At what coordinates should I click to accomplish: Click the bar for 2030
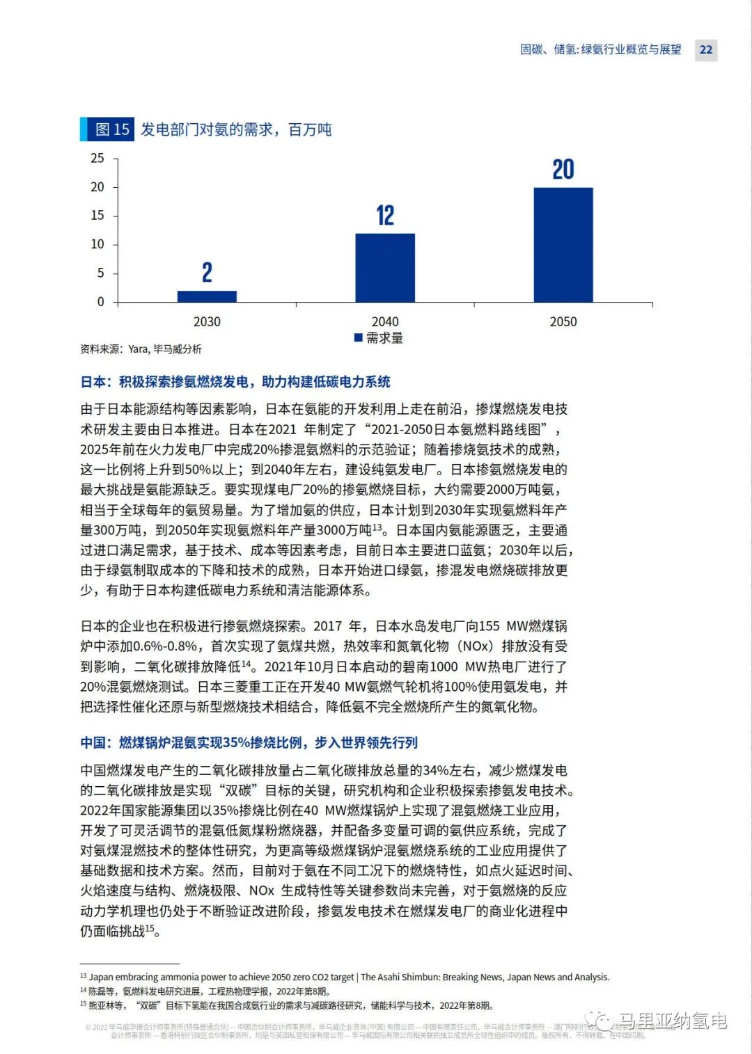pos(207,296)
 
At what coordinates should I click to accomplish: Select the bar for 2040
pos(385,268)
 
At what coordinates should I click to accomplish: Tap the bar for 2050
pos(563,245)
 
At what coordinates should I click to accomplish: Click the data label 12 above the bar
pos(385,216)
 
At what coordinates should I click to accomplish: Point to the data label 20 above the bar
pos(563,170)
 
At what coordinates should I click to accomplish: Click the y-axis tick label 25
pos(97,159)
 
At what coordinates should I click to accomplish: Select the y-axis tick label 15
pos(97,216)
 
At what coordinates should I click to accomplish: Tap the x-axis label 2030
pos(207,321)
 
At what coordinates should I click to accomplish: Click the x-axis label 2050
pos(563,321)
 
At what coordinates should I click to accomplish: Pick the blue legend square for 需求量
pos(359,337)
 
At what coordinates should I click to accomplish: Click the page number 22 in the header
pos(706,49)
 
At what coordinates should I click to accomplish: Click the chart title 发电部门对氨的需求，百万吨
pos(236,129)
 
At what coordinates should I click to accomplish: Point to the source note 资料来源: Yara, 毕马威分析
pos(141,349)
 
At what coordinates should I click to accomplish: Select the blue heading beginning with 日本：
pos(235,382)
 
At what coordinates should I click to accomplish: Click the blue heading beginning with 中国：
pos(249,743)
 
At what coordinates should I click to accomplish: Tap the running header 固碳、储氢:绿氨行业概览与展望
pos(601,49)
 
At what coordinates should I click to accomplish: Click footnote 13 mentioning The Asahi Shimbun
pos(348,977)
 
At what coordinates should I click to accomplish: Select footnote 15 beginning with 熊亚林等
pos(289,1005)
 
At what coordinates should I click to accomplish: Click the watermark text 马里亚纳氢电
pos(672,1021)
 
